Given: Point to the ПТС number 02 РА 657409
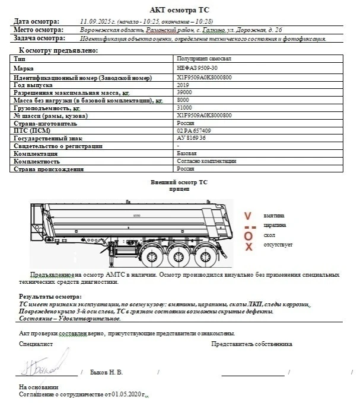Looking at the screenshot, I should point(193,130).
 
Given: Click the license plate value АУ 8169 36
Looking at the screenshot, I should point(191,138).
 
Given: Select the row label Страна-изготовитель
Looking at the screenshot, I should point(44,123).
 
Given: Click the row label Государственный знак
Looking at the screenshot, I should point(47,138).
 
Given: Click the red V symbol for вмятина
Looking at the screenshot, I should point(248,217).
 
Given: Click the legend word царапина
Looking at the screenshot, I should point(275,226).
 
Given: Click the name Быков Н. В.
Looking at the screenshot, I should point(106,373).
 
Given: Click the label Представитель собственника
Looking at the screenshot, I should point(251,343).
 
